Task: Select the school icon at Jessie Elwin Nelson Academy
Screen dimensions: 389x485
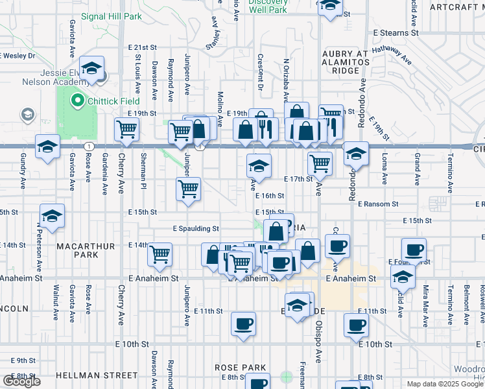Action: (93, 69)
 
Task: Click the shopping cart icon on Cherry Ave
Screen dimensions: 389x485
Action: (127, 129)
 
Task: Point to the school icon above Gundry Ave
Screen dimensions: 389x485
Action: (48, 147)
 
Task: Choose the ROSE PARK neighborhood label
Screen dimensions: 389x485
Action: (241, 368)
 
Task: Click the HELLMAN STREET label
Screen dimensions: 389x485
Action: (97, 375)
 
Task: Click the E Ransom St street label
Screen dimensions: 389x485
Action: (376, 204)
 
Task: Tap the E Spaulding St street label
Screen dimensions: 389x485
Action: (196, 229)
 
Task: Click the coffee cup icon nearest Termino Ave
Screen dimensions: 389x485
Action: (414, 249)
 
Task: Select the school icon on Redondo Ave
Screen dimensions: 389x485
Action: (356, 154)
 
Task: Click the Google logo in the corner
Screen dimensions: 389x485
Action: (21, 381)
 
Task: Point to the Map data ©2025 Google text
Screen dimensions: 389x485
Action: (444, 384)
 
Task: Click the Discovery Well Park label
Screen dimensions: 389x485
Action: (267, 6)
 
